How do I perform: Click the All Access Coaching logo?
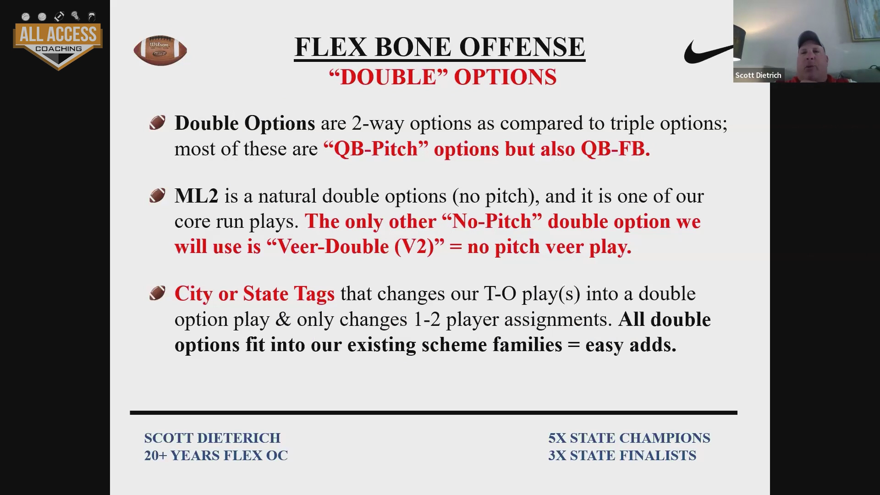coord(58,40)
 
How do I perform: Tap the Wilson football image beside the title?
coord(160,50)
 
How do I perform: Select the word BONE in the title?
coord(414,47)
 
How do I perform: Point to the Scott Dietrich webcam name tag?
coord(758,75)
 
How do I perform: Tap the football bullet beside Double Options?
coord(157,123)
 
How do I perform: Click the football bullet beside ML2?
coord(157,196)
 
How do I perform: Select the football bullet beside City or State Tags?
coord(157,293)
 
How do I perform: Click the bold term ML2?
coord(196,196)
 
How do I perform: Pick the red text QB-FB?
coord(615,148)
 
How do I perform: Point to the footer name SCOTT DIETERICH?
coord(212,438)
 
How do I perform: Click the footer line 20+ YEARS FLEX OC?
coord(216,456)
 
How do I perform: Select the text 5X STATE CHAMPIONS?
coord(629,438)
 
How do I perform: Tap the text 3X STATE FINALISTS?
coord(622,456)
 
